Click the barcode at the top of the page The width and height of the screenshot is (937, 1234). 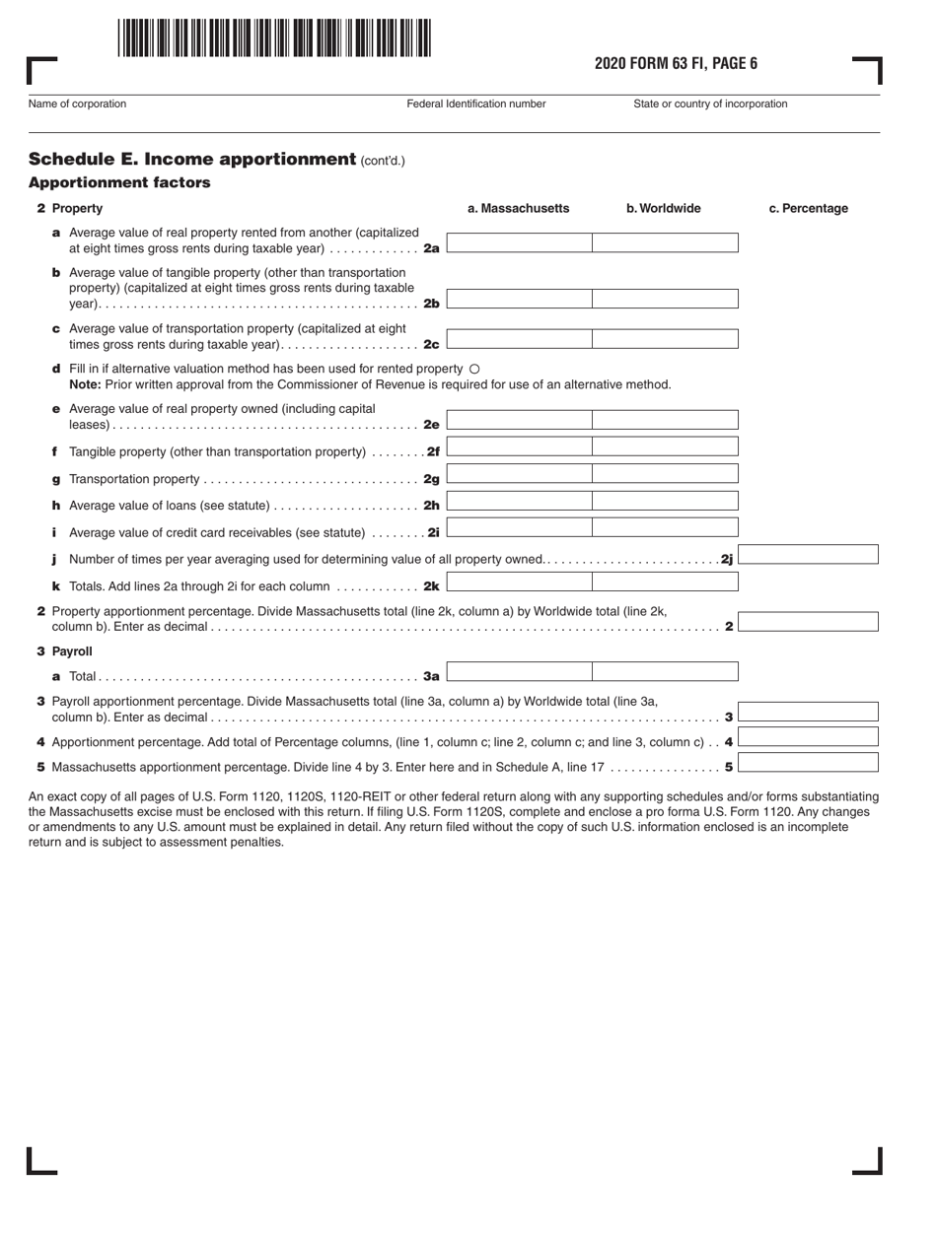(x=273, y=38)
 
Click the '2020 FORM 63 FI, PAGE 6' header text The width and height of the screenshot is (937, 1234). (x=676, y=64)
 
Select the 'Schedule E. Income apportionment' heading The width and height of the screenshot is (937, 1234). (x=191, y=160)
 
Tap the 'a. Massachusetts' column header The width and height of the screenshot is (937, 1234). (x=518, y=209)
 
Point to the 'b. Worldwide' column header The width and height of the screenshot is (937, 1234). (x=663, y=209)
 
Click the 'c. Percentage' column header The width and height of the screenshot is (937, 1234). (x=808, y=209)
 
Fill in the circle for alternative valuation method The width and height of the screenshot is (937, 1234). (x=474, y=369)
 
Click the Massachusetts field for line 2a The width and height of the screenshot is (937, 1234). (x=519, y=243)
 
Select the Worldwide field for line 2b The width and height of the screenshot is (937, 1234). (x=665, y=299)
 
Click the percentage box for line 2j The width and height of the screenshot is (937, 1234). (x=808, y=555)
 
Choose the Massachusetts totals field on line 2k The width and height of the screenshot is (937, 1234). (x=519, y=582)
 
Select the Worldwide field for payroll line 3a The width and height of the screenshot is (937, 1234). (x=665, y=672)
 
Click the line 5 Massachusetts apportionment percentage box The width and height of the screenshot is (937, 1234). (x=808, y=762)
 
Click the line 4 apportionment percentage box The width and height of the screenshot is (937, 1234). (x=808, y=737)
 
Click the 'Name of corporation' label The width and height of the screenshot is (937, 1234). (x=78, y=103)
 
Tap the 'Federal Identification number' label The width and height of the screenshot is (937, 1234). (x=476, y=103)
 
